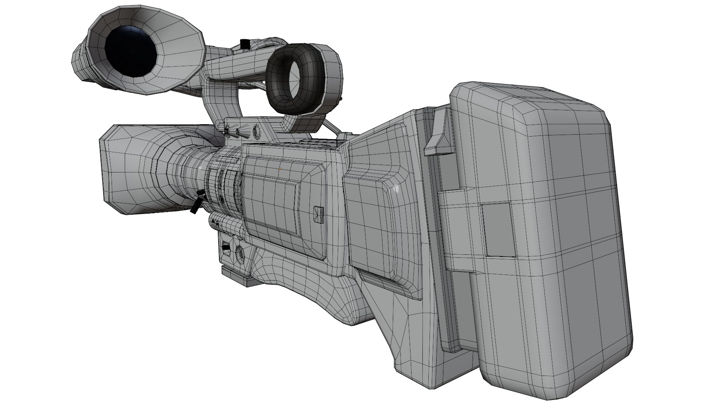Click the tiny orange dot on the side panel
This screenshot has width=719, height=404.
tap(280, 169)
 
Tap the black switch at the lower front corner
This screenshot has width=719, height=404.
tap(226, 247)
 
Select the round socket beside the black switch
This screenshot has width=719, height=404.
tap(240, 254)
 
